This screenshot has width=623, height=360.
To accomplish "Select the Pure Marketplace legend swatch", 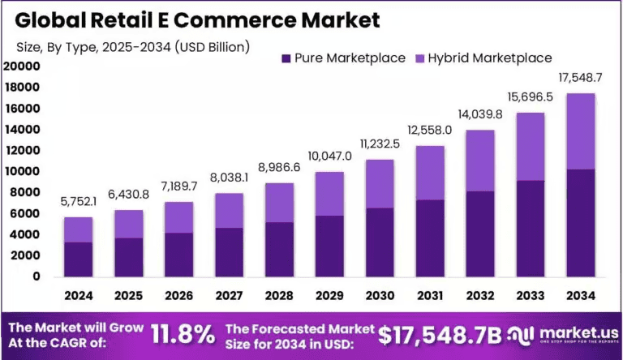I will (x=285, y=58).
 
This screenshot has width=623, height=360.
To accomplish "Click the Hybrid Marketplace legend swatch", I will (x=421, y=58).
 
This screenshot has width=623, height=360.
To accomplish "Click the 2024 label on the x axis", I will (x=79, y=296).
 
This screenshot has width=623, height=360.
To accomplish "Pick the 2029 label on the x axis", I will (x=330, y=296).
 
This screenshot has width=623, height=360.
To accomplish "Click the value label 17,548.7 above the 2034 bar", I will (x=581, y=79).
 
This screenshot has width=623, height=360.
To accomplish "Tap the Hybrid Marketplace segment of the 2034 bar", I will (x=580, y=131).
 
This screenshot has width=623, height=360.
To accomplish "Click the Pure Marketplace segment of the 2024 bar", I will (x=79, y=259).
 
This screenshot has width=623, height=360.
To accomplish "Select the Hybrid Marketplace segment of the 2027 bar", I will (x=230, y=210).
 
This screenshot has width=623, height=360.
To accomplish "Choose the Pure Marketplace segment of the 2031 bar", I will (x=430, y=238).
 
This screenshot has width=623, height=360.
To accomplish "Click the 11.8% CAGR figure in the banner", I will (x=183, y=332).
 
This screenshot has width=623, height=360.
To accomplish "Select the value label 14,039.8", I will (x=480, y=114).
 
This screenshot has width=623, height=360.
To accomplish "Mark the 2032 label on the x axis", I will (x=480, y=296).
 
